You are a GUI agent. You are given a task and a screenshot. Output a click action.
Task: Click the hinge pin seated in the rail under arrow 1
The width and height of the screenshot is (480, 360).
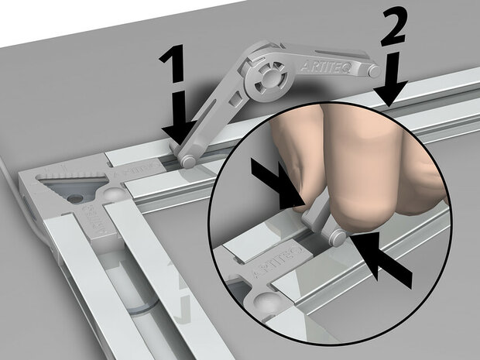point(188,161)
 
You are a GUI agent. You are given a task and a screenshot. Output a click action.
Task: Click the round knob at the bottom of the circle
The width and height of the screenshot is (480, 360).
point(263,304)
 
